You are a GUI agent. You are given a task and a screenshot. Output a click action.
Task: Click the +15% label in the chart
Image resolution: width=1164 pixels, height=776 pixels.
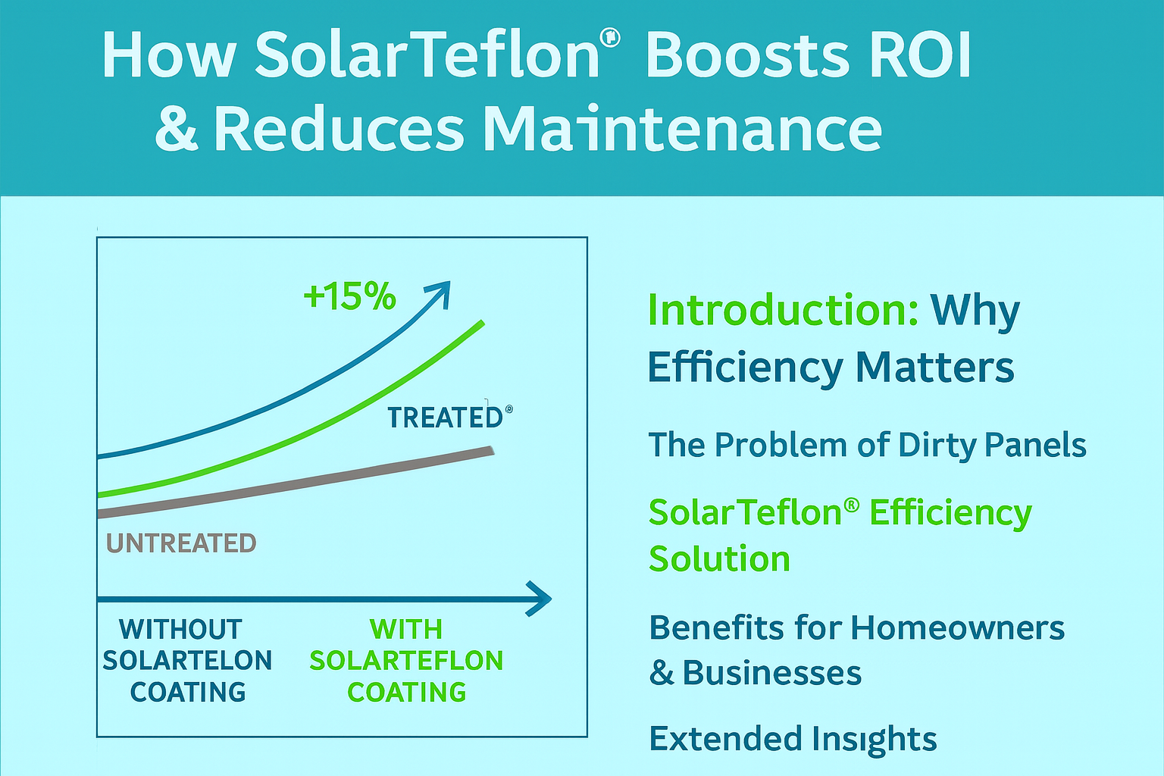(x=349, y=296)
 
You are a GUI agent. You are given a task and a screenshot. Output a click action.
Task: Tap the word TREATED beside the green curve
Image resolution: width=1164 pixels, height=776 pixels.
(x=445, y=418)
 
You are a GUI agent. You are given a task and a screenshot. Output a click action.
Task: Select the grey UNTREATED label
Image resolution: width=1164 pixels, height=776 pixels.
(x=181, y=543)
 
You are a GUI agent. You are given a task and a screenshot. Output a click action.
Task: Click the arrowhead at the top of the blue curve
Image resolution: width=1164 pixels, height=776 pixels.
(x=440, y=293)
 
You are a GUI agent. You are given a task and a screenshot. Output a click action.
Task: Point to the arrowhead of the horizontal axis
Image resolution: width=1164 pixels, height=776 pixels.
(x=540, y=599)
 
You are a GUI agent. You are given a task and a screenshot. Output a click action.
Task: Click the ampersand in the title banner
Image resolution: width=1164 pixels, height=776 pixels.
(x=176, y=129)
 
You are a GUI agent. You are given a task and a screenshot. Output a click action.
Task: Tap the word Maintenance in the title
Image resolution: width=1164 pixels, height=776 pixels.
(x=682, y=129)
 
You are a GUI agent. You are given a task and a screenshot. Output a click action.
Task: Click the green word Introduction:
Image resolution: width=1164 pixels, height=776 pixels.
(x=783, y=310)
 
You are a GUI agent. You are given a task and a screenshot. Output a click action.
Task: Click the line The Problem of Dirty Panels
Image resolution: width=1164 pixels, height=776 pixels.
(x=867, y=445)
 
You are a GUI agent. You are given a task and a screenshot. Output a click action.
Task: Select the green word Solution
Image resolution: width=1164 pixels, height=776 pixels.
(x=719, y=559)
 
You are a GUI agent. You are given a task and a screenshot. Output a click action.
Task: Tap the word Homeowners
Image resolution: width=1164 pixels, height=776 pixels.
(x=957, y=627)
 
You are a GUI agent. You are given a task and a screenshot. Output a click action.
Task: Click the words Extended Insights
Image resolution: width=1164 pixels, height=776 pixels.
(x=793, y=738)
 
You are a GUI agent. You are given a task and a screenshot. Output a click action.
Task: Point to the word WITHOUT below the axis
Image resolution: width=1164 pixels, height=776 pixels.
(x=180, y=629)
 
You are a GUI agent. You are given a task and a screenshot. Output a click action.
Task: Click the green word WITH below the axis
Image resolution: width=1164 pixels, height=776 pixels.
(x=405, y=629)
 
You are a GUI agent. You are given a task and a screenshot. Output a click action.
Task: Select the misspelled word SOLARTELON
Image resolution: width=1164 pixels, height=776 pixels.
(x=187, y=660)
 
